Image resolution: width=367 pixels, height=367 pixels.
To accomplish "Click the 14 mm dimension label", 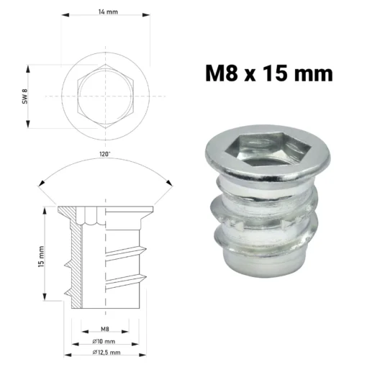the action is [108, 12].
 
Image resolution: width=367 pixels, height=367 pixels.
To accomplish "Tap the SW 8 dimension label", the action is [25, 96].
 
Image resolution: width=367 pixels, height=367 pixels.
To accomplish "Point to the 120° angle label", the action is [105, 154].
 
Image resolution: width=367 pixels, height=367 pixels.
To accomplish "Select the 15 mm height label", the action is [41, 256].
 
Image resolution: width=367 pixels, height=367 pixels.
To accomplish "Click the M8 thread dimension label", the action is [105, 329].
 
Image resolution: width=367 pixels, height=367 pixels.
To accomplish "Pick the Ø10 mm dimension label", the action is [104, 341].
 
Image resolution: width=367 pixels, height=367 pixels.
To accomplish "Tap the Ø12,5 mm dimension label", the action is [107, 353].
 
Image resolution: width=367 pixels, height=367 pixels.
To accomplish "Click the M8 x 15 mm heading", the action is [269, 73].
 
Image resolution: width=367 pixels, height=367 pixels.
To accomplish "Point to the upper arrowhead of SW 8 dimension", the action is [28, 68].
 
